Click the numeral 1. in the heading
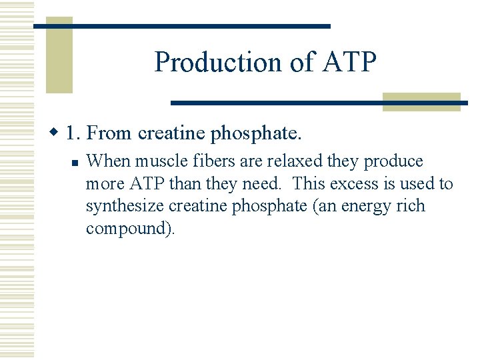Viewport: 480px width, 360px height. pos(74,133)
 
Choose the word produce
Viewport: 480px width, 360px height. pos(393,162)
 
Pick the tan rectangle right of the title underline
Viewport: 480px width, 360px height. pos(422,101)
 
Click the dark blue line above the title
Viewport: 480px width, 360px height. pos(181,26)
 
